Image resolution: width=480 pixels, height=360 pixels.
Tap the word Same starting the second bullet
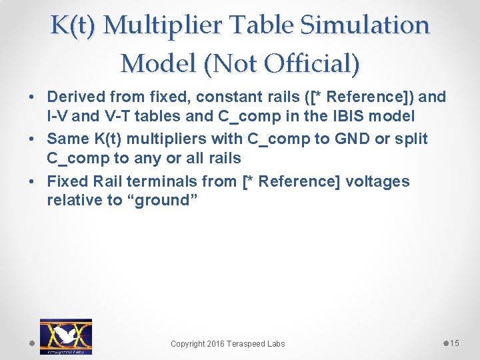click(66, 139)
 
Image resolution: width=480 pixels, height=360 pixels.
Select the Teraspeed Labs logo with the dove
click(65, 336)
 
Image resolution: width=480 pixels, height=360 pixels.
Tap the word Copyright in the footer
click(188, 344)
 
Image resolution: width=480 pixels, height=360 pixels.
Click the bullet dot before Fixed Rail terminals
click(33, 181)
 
